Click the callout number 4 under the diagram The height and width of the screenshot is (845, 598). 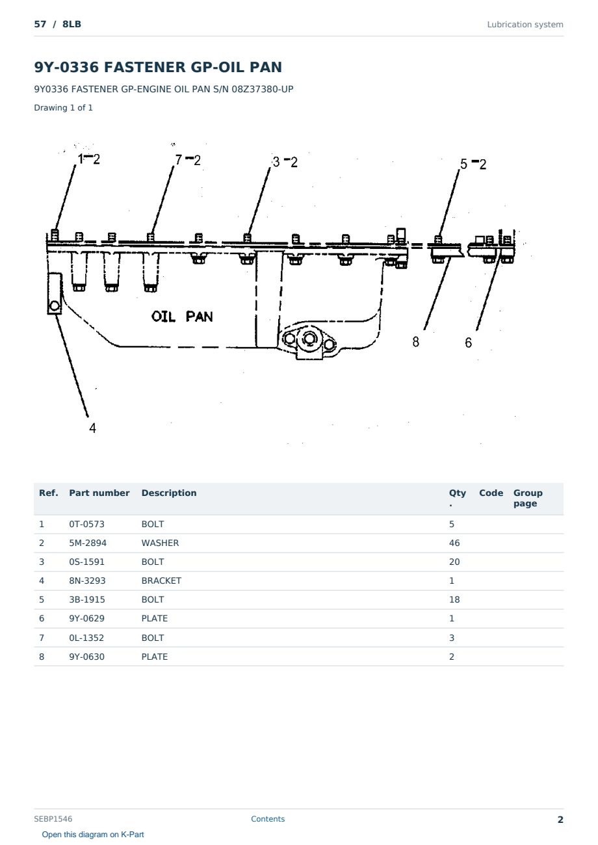click(x=92, y=428)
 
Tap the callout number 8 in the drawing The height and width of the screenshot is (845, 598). click(x=415, y=342)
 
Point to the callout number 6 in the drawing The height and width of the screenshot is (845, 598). click(x=468, y=343)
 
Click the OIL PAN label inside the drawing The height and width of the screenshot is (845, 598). click(x=182, y=317)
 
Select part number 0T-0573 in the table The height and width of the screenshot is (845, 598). click(x=86, y=524)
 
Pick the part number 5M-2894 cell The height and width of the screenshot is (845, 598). click(x=88, y=543)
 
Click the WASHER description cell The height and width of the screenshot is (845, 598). click(x=160, y=543)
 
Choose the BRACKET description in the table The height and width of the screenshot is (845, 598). click(x=161, y=580)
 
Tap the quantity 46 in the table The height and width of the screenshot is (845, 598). click(x=454, y=543)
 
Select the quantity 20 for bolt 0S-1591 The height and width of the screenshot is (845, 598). click(x=454, y=562)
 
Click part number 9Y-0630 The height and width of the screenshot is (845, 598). click(x=86, y=656)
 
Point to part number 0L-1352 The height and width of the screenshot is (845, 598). click(x=86, y=638)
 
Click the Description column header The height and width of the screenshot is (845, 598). click(x=169, y=493)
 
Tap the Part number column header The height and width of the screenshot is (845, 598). click(x=99, y=493)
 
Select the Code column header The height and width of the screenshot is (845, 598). click(x=491, y=493)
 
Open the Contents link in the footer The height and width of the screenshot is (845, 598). click(x=268, y=819)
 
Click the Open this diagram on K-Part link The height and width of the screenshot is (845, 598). click(x=93, y=835)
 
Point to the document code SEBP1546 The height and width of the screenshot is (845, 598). click(x=53, y=819)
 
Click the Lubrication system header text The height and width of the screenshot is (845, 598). click(x=525, y=25)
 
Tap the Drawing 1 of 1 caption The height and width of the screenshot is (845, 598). click(x=64, y=107)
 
